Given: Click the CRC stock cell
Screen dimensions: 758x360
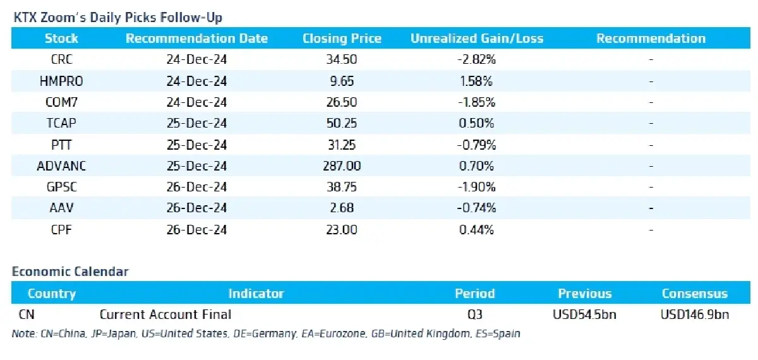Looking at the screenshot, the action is pyautogui.click(x=62, y=59).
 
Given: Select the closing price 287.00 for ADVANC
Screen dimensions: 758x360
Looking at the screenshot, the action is pyautogui.click(x=342, y=165).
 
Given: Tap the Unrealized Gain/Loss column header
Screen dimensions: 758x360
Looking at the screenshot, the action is pyautogui.click(x=477, y=39).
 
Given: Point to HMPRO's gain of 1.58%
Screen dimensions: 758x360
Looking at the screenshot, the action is pyautogui.click(x=476, y=81).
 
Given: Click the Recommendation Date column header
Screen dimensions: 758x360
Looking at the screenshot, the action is pyautogui.click(x=196, y=39).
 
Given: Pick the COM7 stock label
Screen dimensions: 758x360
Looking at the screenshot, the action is pyautogui.click(x=62, y=102).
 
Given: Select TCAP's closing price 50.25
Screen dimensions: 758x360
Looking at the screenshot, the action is pyautogui.click(x=342, y=123).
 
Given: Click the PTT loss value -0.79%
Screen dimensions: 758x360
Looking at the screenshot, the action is pyautogui.click(x=476, y=145).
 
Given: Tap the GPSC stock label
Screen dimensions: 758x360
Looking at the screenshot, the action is pyautogui.click(x=62, y=187).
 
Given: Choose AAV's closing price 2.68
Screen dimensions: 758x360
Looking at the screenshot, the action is pyautogui.click(x=342, y=208).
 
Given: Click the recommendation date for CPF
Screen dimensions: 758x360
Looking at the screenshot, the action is pyautogui.click(x=196, y=230).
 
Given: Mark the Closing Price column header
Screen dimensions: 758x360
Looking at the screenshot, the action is pyautogui.click(x=342, y=39).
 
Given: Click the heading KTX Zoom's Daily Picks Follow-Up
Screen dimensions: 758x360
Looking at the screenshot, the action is pyautogui.click(x=117, y=17).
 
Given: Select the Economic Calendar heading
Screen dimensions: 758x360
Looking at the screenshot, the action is pyautogui.click(x=70, y=272).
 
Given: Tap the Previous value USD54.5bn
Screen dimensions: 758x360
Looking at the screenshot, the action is pyautogui.click(x=584, y=315).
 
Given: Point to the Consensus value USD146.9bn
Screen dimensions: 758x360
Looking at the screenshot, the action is pyautogui.click(x=695, y=315).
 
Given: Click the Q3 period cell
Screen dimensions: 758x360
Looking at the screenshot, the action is pyautogui.click(x=475, y=315).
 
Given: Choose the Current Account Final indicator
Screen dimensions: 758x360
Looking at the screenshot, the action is pyautogui.click(x=165, y=315).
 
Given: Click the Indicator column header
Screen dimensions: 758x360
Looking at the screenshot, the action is pyautogui.click(x=256, y=293).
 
